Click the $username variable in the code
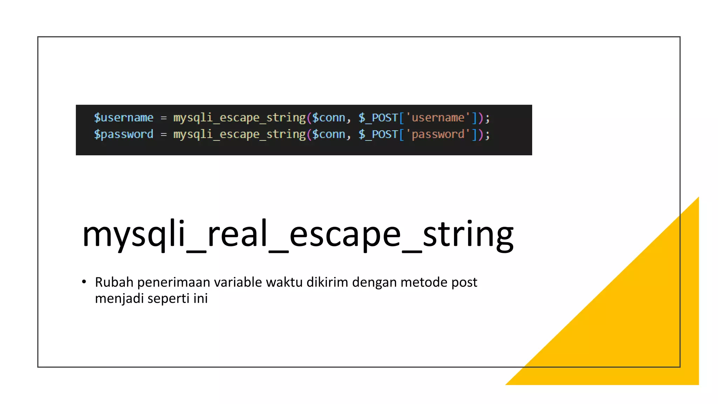(123, 117)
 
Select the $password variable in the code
(123, 134)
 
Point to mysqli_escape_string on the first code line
(239, 117)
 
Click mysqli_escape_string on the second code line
(239, 134)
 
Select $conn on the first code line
(328, 117)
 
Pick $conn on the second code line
(328, 134)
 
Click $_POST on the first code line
(378, 117)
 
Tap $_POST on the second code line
(378, 134)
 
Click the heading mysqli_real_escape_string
(298, 234)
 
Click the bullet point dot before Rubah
(84, 282)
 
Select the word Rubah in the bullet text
(114, 282)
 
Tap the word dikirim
(327, 282)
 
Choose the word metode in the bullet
(424, 282)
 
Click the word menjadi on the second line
(119, 299)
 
